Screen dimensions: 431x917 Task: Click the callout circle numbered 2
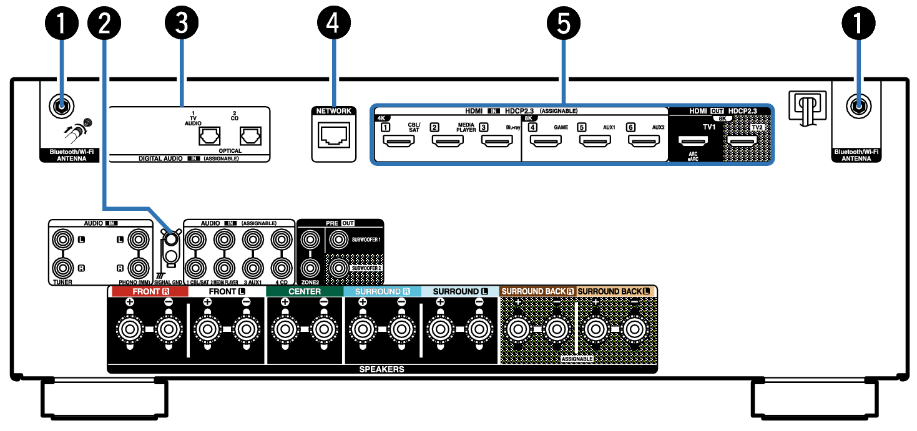105,24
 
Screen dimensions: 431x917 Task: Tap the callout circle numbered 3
181,24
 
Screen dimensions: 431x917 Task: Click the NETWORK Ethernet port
333,135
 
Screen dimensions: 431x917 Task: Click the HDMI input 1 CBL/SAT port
398,142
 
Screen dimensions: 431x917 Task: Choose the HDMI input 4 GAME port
546,142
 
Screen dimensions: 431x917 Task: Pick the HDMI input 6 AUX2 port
644,142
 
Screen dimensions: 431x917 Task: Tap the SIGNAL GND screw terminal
169,238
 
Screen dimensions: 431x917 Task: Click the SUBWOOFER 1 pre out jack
338,238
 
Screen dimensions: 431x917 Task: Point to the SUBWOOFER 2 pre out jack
338,268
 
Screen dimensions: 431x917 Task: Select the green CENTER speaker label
305,291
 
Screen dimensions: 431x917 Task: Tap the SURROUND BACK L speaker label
615,291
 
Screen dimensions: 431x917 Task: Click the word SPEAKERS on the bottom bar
381,369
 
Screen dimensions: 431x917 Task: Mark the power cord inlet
807,106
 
